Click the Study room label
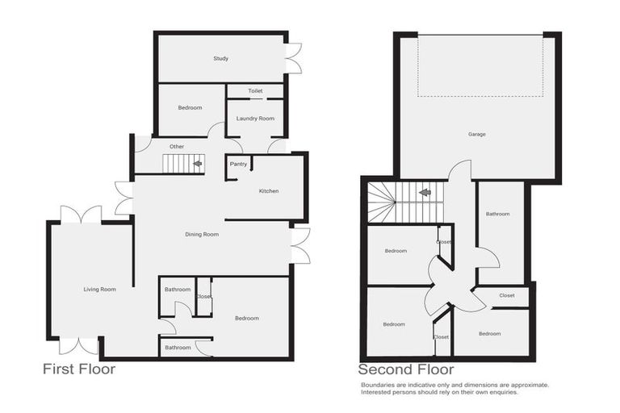tap(221, 59)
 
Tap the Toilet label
tap(255, 91)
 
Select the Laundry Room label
tap(255, 119)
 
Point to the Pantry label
tap(238, 165)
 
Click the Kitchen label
tap(269, 191)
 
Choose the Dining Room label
tap(202, 235)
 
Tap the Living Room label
tap(99, 289)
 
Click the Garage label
tap(477, 134)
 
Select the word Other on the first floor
tap(177, 146)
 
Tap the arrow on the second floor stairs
tap(422, 193)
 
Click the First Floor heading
tap(78, 370)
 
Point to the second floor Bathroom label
tap(498, 214)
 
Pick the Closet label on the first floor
tap(203, 297)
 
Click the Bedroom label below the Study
tap(190, 107)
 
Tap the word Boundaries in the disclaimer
tap(380, 386)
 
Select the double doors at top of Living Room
tap(81, 215)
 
